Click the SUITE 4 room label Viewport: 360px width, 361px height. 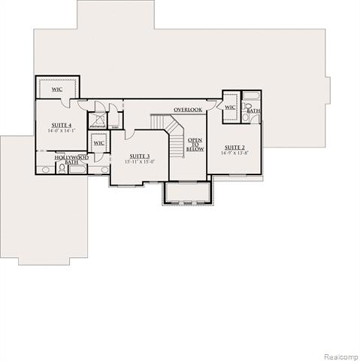coord(61,124)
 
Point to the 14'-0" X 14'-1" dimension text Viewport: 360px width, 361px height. coord(61,131)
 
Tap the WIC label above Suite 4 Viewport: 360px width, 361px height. coord(56,89)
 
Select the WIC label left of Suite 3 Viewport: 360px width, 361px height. coord(98,143)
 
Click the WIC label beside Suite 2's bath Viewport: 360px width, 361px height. coord(231,108)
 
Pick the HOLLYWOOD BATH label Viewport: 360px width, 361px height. coord(71,159)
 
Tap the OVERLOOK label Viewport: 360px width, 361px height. coord(188,110)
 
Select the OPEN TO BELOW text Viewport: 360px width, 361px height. coord(195,144)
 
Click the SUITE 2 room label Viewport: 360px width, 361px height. coord(236,147)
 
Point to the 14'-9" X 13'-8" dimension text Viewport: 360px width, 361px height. coord(236,153)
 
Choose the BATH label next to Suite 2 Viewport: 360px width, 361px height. coord(253,111)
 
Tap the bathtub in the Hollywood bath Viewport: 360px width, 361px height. coord(78,169)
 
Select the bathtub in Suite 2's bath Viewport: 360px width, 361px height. coord(252,97)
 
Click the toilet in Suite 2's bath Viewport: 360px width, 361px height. coord(247,118)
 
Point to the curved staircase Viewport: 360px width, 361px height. coord(171,132)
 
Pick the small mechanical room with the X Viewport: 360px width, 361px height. coord(98,120)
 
